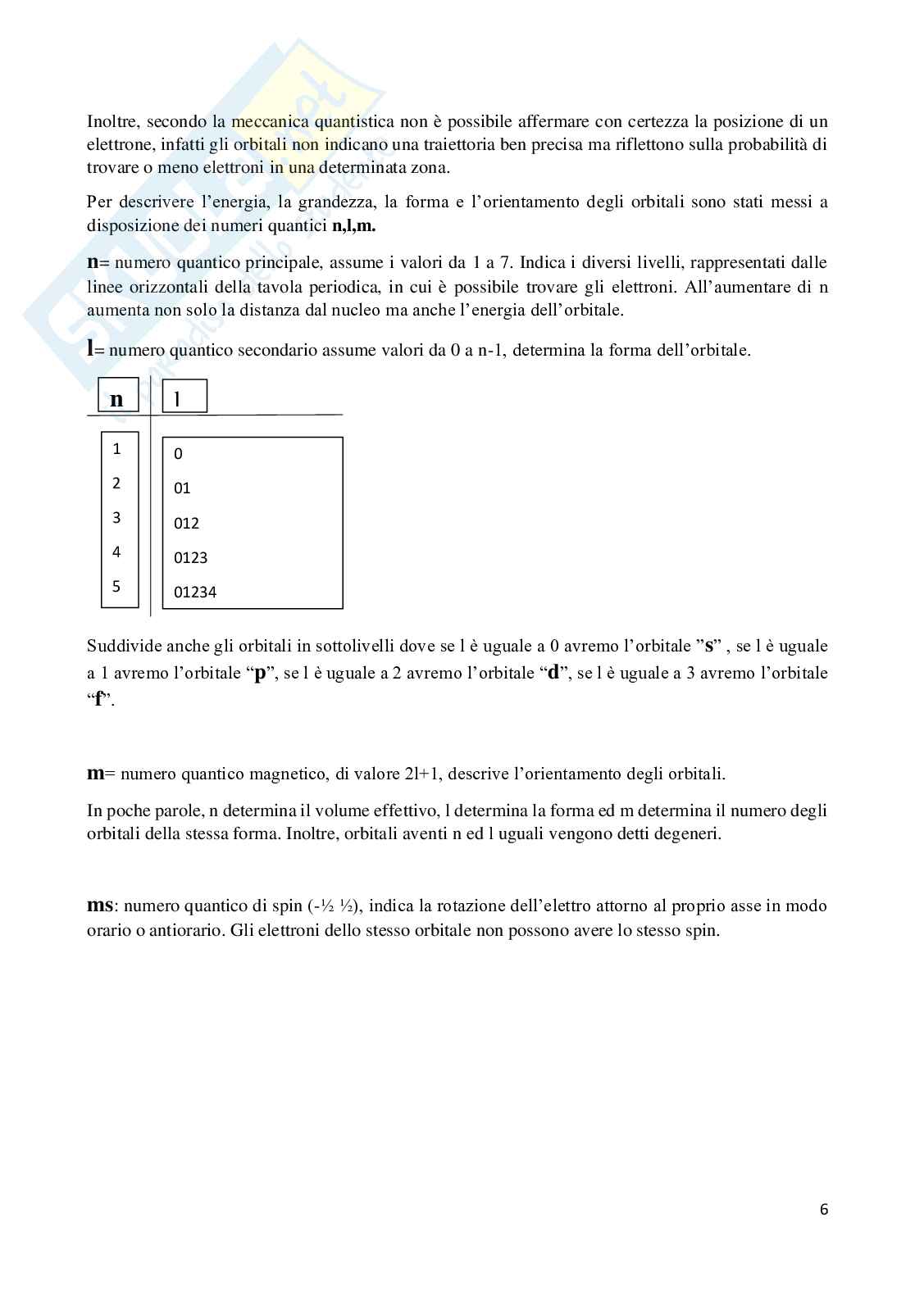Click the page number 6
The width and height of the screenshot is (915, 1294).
pos(823,1210)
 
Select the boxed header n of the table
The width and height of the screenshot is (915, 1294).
pos(116,399)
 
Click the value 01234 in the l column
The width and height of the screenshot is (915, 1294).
pos(195,593)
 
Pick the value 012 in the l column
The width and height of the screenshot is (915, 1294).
pos(186,523)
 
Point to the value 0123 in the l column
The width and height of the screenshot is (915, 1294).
pos(190,558)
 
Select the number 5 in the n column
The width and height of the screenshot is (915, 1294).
pos(116,587)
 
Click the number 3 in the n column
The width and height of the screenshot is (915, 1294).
pos(116,517)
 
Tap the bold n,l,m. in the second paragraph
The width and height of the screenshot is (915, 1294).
pos(353,227)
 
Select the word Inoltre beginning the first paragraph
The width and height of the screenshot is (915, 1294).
pos(112,121)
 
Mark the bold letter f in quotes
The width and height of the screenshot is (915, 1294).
pos(99,701)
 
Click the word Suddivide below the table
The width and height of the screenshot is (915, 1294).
pos(118,646)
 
